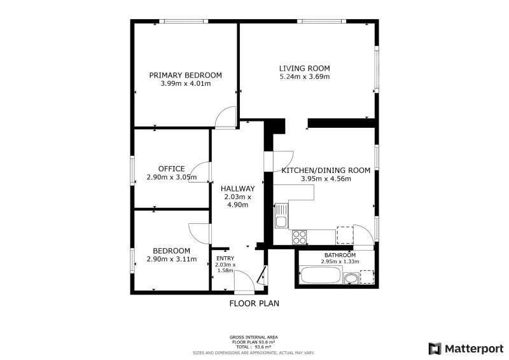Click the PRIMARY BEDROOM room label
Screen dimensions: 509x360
(x=185, y=75)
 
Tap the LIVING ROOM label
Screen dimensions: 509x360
(x=305, y=69)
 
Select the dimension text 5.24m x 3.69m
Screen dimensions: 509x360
(x=305, y=76)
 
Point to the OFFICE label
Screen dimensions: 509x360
(x=171, y=169)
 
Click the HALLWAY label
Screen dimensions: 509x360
(x=237, y=189)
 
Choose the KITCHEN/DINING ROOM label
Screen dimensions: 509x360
(x=326, y=170)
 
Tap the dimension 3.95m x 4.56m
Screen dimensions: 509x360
(x=326, y=179)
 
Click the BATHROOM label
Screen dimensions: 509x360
(x=340, y=255)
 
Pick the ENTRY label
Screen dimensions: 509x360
(x=225, y=258)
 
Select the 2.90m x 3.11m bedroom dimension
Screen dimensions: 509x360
(x=171, y=259)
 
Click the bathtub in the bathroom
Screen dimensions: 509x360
(x=321, y=275)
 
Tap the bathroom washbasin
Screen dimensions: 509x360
(x=351, y=279)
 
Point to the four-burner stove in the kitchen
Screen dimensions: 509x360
(x=299, y=237)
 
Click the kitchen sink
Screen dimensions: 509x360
(x=281, y=216)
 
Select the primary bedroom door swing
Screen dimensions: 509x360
(x=226, y=117)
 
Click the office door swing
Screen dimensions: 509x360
(x=199, y=172)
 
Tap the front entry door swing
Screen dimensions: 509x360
(x=244, y=282)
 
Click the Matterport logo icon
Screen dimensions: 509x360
(x=435, y=349)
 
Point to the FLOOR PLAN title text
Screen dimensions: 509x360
(x=254, y=303)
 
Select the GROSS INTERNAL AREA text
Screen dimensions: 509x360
(x=253, y=337)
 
